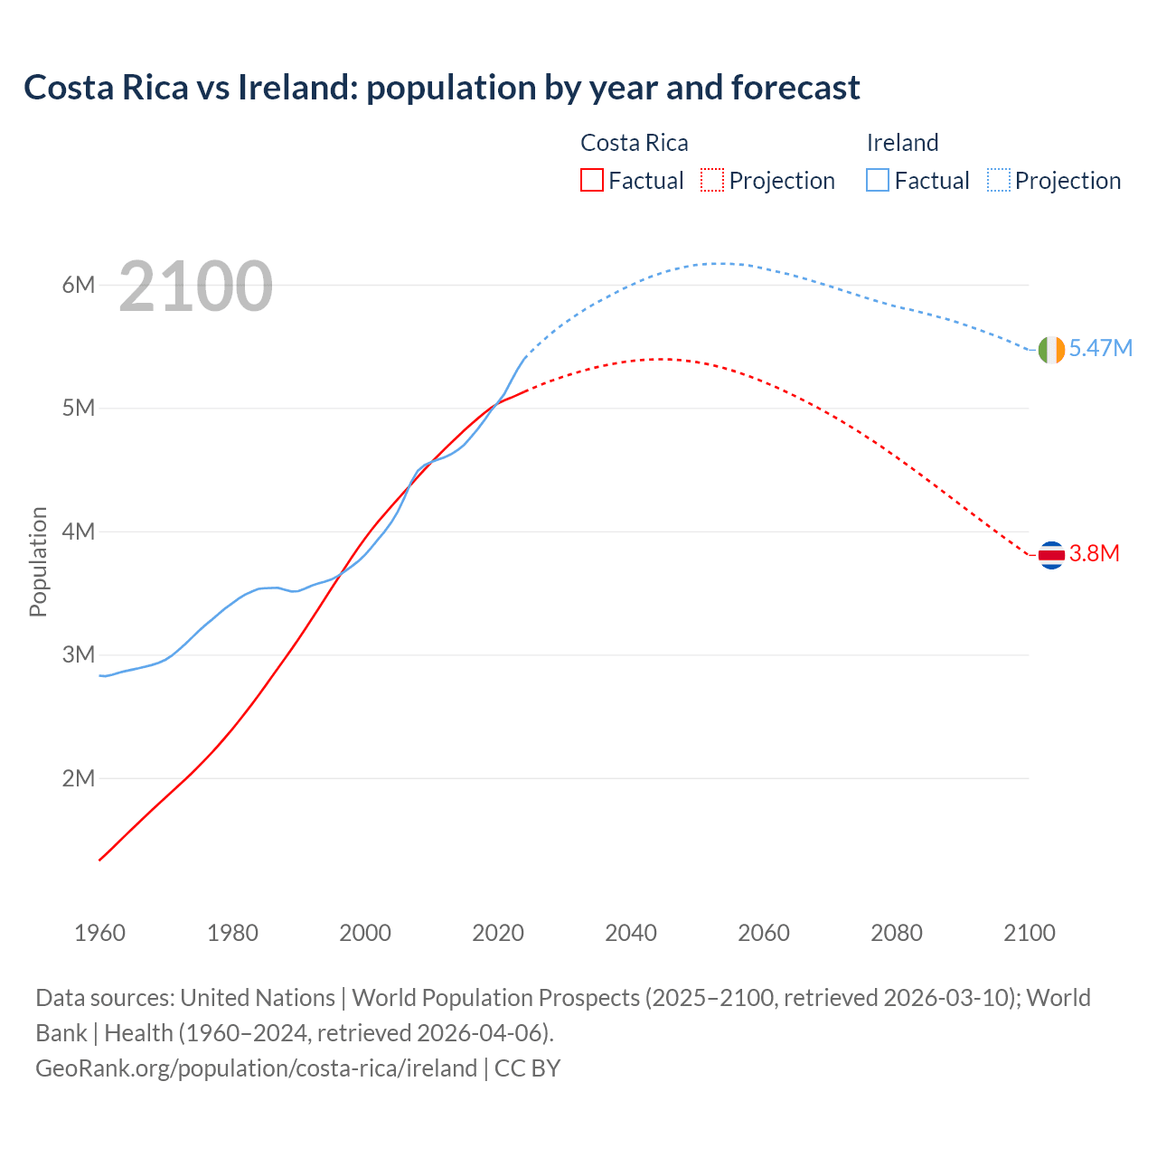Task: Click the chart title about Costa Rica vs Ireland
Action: point(441,88)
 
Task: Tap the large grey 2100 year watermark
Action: point(195,287)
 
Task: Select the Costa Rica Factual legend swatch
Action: point(591,180)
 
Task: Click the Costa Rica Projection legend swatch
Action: point(711,180)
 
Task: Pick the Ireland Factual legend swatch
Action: point(877,180)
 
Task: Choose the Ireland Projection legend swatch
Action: point(998,180)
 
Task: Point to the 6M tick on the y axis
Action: point(79,285)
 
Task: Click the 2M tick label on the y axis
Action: point(79,778)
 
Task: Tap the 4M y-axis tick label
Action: point(79,531)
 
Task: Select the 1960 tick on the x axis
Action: point(99,933)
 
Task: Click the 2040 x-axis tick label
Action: point(631,933)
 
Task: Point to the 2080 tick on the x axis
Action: point(897,933)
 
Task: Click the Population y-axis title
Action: point(38,561)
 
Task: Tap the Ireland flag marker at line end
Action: point(1051,349)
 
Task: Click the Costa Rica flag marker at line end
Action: point(1051,554)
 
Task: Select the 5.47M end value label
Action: point(1100,348)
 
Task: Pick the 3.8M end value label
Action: point(1094,553)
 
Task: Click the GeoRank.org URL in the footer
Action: point(256,1068)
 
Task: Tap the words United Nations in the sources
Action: point(258,998)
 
